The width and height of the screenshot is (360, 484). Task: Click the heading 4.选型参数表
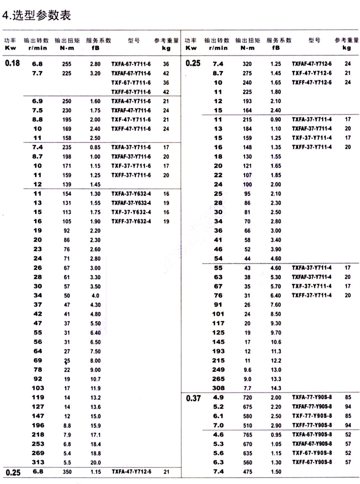tap(36, 15)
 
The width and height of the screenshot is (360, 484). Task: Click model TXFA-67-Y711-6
tap(131, 64)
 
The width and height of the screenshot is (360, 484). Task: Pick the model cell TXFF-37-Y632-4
tap(131, 222)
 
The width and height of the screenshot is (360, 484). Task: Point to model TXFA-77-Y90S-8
tap(311, 397)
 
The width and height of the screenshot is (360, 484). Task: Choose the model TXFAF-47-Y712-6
tap(311, 64)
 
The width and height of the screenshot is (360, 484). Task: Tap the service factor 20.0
tap(95, 462)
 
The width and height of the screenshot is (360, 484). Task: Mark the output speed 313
tap(38, 462)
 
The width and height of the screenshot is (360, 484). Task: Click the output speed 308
tap(218, 388)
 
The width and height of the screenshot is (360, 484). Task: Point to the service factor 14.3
tap(276, 388)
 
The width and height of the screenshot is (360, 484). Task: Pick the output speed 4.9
tap(218, 397)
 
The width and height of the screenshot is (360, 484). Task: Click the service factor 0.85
tap(95, 147)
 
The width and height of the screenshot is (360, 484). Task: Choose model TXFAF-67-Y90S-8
tap(311, 444)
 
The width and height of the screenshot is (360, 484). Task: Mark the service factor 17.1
tap(95, 435)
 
